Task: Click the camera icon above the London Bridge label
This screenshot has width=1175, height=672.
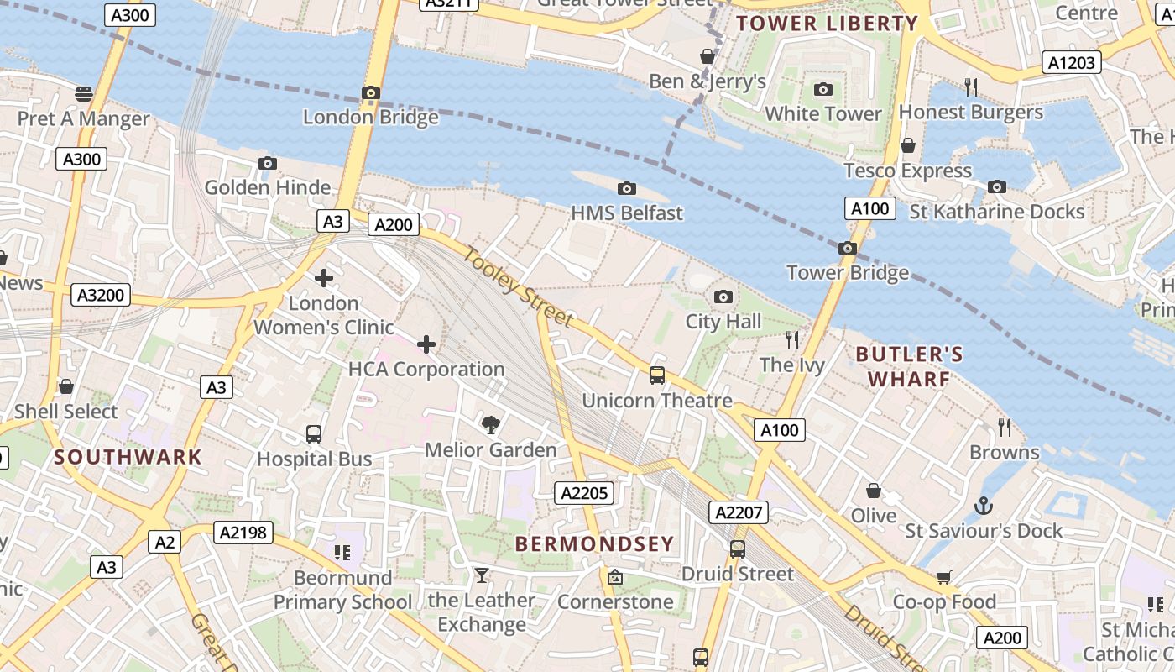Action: [x=371, y=92]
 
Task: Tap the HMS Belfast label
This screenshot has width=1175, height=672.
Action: [x=627, y=213]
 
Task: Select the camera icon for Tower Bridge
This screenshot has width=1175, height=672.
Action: [x=848, y=248]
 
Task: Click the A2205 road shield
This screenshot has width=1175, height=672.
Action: [x=584, y=493]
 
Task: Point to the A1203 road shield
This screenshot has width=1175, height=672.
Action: [x=1071, y=62]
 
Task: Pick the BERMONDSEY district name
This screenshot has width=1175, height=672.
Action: [x=594, y=543]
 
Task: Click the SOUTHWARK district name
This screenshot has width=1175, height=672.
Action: [x=128, y=458]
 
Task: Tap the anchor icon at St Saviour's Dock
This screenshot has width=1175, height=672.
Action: [x=983, y=506]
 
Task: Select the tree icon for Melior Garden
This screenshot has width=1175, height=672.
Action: [x=490, y=425]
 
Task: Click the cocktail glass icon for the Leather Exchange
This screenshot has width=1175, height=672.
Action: [x=481, y=575]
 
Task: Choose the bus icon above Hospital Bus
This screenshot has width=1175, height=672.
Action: [x=314, y=434]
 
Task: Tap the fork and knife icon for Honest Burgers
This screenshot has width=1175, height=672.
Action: [x=971, y=87]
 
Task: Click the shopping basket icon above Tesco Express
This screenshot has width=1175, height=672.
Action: [x=907, y=145]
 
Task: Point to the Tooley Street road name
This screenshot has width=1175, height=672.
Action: [x=518, y=288]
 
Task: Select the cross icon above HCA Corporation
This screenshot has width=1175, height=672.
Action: [x=426, y=344]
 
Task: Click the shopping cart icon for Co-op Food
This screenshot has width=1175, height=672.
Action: [x=944, y=577]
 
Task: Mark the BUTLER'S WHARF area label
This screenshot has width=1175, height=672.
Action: [x=909, y=367]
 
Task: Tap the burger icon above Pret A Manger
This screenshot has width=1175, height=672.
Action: [x=83, y=93]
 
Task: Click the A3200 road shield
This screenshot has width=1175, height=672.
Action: [x=101, y=295]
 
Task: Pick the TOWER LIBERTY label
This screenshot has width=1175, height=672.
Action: [x=827, y=24]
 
